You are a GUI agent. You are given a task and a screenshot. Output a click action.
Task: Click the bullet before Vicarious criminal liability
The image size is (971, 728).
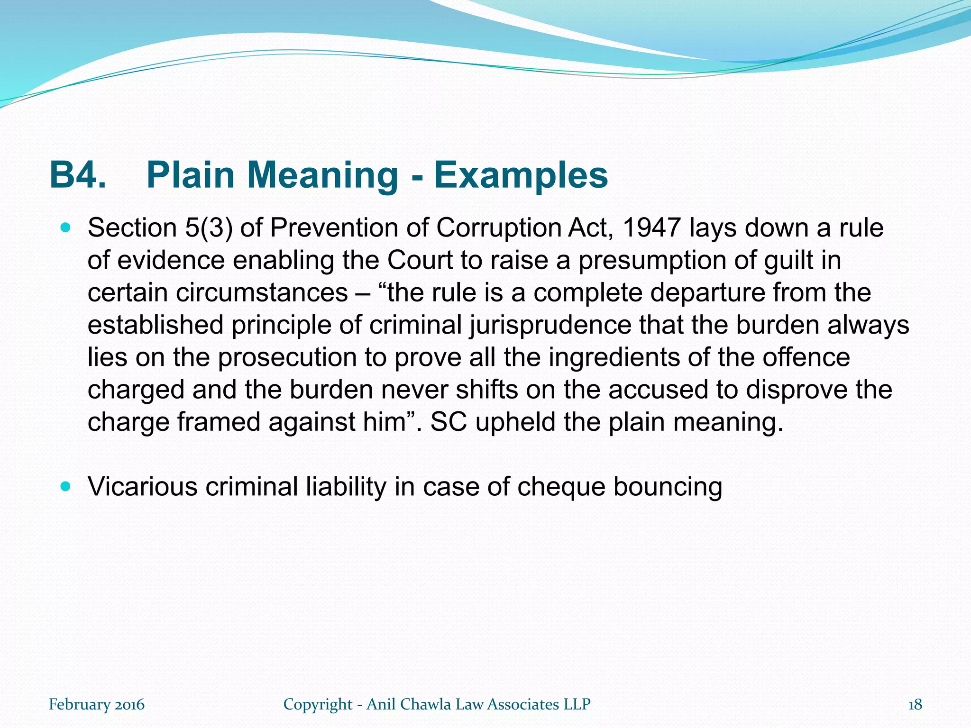[66, 486]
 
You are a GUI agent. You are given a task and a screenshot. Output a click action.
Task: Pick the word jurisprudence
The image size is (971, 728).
[550, 325]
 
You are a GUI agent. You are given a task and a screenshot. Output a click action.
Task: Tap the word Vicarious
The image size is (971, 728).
[142, 487]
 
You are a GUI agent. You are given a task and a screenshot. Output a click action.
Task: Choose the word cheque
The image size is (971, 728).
[561, 487]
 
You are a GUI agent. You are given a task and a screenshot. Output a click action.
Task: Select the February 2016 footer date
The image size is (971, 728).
[97, 704]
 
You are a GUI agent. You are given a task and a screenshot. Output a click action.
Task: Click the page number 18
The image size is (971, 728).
[915, 704]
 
